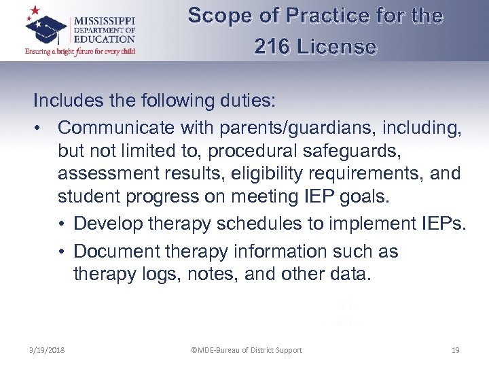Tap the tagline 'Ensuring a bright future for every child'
80,50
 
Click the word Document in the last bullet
113,251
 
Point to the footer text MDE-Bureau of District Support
247,350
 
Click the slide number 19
455,350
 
